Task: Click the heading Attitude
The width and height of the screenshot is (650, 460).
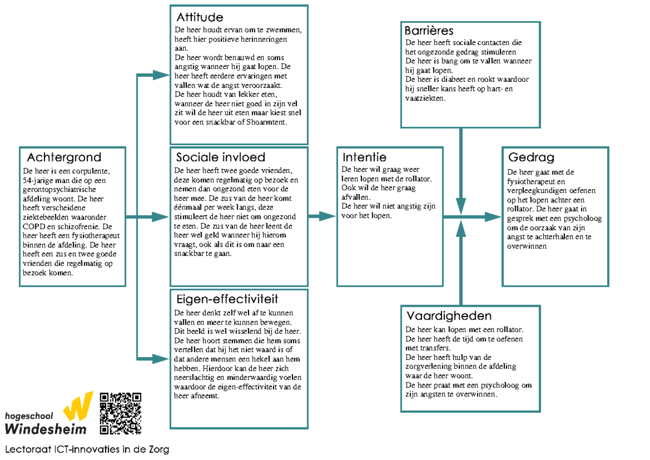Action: [x=200, y=18]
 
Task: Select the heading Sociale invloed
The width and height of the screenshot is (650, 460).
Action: [x=220, y=157]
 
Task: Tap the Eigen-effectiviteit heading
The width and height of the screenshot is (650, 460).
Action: [x=227, y=299]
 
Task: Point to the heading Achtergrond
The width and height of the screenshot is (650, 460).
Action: [x=64, y=157]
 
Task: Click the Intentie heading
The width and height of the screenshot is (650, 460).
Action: [x=365, y=157]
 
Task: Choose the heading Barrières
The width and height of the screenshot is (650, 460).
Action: [x=429, y=30]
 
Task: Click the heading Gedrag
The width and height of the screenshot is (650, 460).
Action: [x=531, y=157]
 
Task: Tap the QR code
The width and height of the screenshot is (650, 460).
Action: [x=121, y=413]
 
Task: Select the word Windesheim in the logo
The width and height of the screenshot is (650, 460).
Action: [x=45, y=429]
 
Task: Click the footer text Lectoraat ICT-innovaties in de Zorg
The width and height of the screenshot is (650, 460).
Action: [x=87, y=449]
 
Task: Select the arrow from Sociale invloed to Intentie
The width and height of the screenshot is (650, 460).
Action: [x=322, y=217]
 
